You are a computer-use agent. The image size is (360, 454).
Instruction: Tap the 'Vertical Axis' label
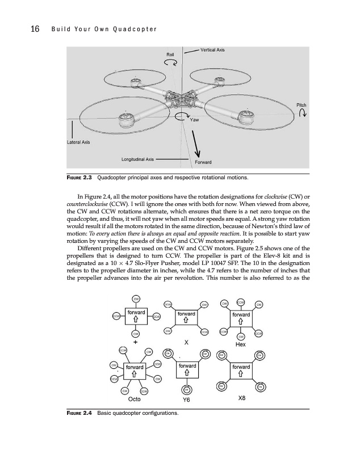point(213,51)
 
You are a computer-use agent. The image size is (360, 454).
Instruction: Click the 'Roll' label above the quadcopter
point(170,54)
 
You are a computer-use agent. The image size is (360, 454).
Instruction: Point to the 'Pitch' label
point(302,105)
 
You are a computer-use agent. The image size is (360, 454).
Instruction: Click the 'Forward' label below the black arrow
point(203,162)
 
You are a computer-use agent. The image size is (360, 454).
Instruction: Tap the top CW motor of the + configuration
point(136,299)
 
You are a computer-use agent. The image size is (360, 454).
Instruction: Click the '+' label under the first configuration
point(136,342)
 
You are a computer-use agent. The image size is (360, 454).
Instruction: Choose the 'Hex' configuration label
point(241,343)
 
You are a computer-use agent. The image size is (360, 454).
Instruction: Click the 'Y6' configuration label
point(186,399)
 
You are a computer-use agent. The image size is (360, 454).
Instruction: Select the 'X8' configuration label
point(241,398)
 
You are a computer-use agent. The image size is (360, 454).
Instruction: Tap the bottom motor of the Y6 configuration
point(186,389)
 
